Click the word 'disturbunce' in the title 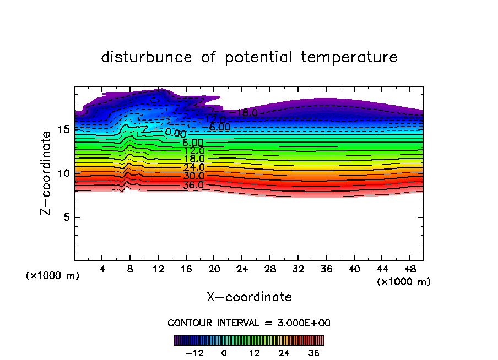coord(147,57)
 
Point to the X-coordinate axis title coord(249,297)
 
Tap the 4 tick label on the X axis coord(102,269)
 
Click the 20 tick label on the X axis coord(214,269)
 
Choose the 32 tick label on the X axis coord(297,269)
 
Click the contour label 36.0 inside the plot coord(193,185)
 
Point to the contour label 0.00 coord(176,133)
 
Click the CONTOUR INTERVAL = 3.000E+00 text coord(249,323)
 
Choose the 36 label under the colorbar coord(313,353)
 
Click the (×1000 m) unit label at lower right coord(404,282)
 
